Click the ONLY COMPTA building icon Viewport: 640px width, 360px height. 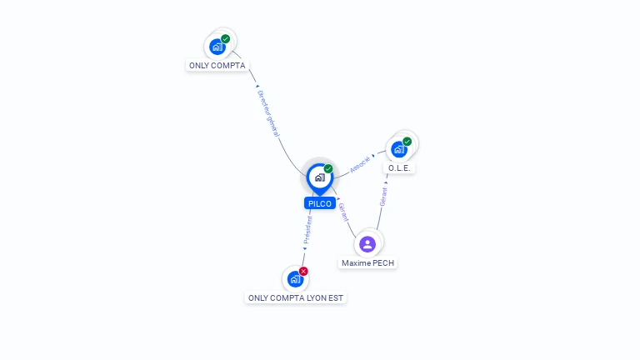(217, 47)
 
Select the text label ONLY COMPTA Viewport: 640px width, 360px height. (217, 65)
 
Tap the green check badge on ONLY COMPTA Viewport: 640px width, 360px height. (226, 38)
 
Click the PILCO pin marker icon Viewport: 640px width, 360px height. (319, 177)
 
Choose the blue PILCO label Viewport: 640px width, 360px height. (320, 203)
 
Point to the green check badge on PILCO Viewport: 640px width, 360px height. (328, 168)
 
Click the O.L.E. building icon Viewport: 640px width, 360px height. (399, 150)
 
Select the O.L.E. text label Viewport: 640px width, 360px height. (400, 167)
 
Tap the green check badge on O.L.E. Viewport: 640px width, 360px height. (407, 141)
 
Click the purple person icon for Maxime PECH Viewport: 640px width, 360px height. (367, 244)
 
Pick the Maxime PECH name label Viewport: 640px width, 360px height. (368, 262)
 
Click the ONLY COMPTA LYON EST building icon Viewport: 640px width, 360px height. (295, 279)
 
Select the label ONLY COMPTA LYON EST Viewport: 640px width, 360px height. (296, 297)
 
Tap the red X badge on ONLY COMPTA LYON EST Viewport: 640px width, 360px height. (303, 271)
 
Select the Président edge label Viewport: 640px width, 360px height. (307, 228)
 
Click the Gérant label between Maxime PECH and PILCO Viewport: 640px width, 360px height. (343, 212)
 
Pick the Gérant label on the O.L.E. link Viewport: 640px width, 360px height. (383, 197)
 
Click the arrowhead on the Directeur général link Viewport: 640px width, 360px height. (257, 86)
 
